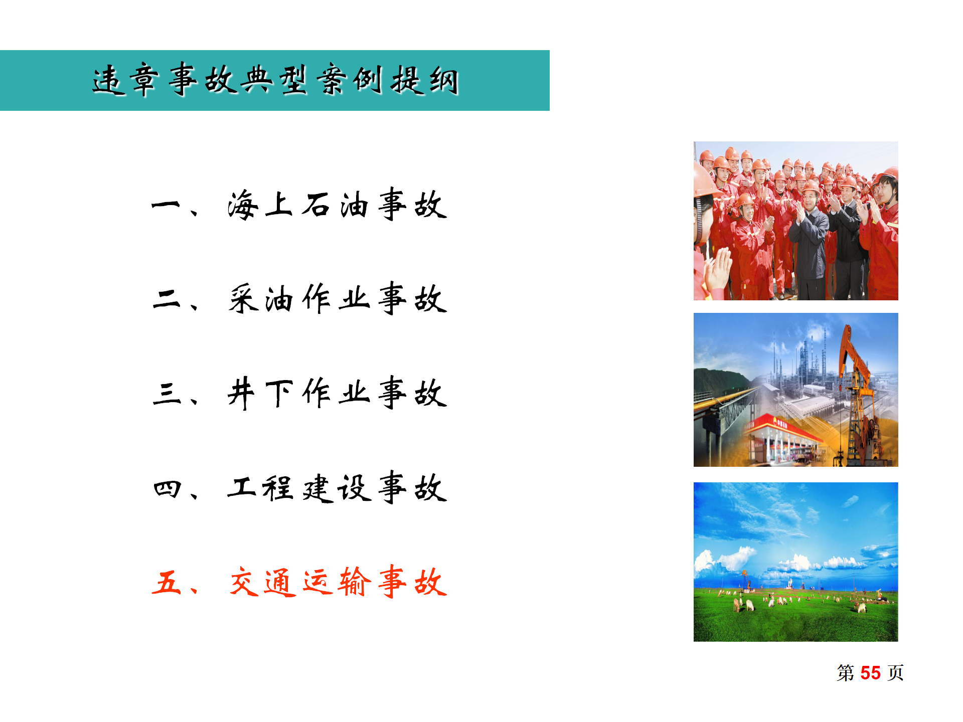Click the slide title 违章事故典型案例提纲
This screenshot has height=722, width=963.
point(275,80)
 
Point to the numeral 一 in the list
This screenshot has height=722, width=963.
point(166,205)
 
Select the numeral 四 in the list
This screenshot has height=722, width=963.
point(167,488)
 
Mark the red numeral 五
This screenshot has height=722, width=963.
point(167,582)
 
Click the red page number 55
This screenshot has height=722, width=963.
point(870,673)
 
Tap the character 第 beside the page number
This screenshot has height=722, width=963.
point(846,673)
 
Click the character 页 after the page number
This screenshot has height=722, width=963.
point(896,673)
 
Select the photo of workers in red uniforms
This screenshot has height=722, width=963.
point(795,221)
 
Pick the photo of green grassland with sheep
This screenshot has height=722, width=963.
point(795,562)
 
